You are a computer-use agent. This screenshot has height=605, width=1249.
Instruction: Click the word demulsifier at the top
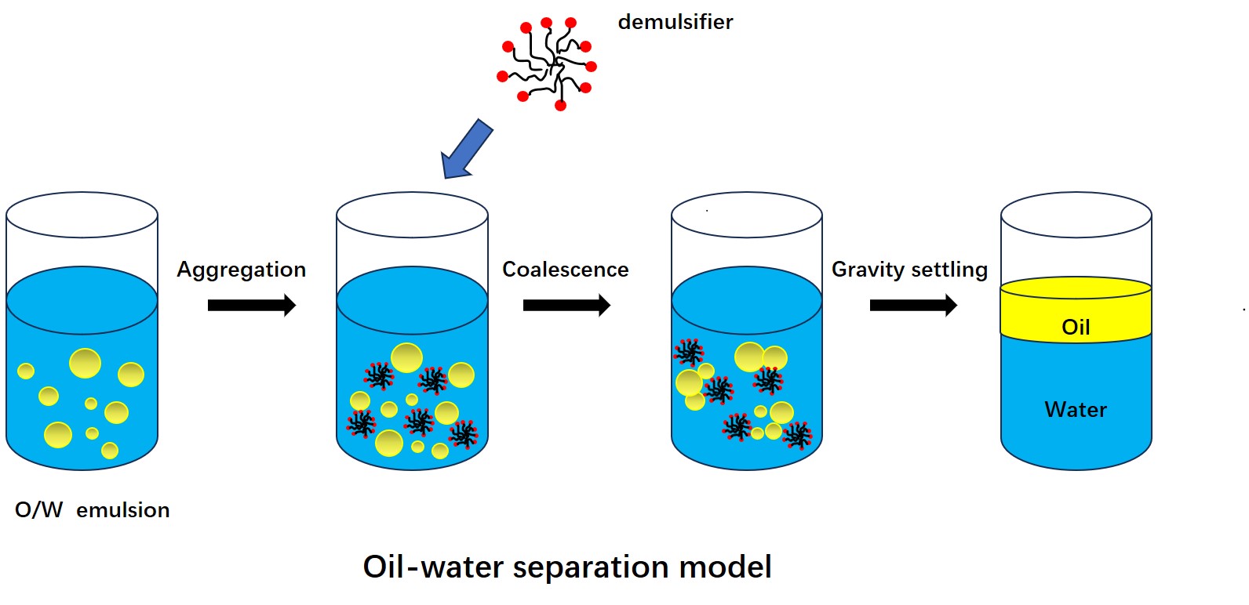(675, 22)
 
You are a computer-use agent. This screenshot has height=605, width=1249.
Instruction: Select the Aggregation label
(241, 270)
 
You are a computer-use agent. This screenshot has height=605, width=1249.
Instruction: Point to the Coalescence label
(565, 270)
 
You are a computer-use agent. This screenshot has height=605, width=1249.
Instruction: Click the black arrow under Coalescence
(566, 305)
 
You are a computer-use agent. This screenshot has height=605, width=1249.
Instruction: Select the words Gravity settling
(909, 270)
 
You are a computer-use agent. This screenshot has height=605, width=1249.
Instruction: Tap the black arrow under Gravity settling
(912, 305)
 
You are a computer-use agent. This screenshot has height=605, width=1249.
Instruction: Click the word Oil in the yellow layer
(1076, 328)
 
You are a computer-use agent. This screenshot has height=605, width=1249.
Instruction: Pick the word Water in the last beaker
(1076, 410)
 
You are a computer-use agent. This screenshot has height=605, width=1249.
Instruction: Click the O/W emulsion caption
(92, 510)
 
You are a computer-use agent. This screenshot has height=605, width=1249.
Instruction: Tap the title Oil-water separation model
(566, 567)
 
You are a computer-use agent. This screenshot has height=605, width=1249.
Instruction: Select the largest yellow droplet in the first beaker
(85, 363)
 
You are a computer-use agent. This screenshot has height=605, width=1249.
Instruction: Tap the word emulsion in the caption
(122, 510)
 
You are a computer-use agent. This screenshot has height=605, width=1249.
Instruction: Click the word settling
(949, 270)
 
